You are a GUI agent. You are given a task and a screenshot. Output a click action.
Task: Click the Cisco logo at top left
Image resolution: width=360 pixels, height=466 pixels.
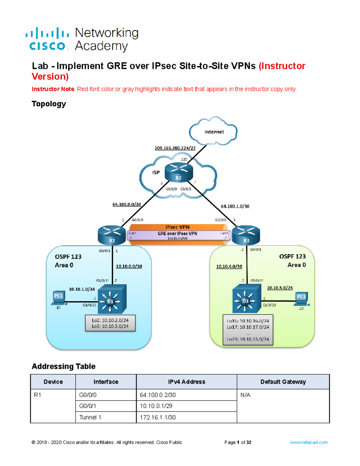click(47, 39)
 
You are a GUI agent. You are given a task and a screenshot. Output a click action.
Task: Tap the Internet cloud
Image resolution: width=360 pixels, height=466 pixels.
click(214, 132)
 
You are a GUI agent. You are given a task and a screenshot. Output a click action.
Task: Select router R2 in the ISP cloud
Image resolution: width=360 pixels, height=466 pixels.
click(179, 173)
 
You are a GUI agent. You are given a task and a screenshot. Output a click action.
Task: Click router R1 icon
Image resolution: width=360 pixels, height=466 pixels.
click(112, 235)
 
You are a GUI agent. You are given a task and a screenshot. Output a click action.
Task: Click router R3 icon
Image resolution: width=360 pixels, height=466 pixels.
click(246, 235)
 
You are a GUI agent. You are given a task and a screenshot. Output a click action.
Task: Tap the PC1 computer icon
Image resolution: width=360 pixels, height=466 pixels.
click(58, 298)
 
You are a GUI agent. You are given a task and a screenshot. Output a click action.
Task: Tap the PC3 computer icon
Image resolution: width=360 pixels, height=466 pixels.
click(301, 299)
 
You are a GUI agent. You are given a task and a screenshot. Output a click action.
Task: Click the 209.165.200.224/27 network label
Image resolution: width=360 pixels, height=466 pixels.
click(175, 148)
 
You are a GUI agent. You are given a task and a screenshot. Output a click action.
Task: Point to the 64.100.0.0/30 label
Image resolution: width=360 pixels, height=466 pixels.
click(127, 204)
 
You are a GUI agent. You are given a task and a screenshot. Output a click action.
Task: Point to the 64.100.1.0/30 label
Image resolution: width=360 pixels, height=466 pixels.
click(235, 206)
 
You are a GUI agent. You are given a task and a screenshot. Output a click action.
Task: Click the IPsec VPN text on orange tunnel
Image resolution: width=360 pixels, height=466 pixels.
click(177, 227)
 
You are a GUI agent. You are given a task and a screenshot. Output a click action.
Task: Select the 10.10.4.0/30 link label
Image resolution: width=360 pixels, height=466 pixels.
click(229, 266)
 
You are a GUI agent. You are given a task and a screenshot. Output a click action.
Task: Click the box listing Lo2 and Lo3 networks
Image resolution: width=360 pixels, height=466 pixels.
click(110, 323)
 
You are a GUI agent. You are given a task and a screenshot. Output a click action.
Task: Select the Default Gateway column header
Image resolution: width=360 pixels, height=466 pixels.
click(283, 382)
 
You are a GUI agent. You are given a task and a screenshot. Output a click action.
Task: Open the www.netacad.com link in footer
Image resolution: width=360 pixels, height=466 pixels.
click(308, 442)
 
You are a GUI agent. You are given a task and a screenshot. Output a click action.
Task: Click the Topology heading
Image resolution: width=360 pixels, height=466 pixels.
click(49, 104)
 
